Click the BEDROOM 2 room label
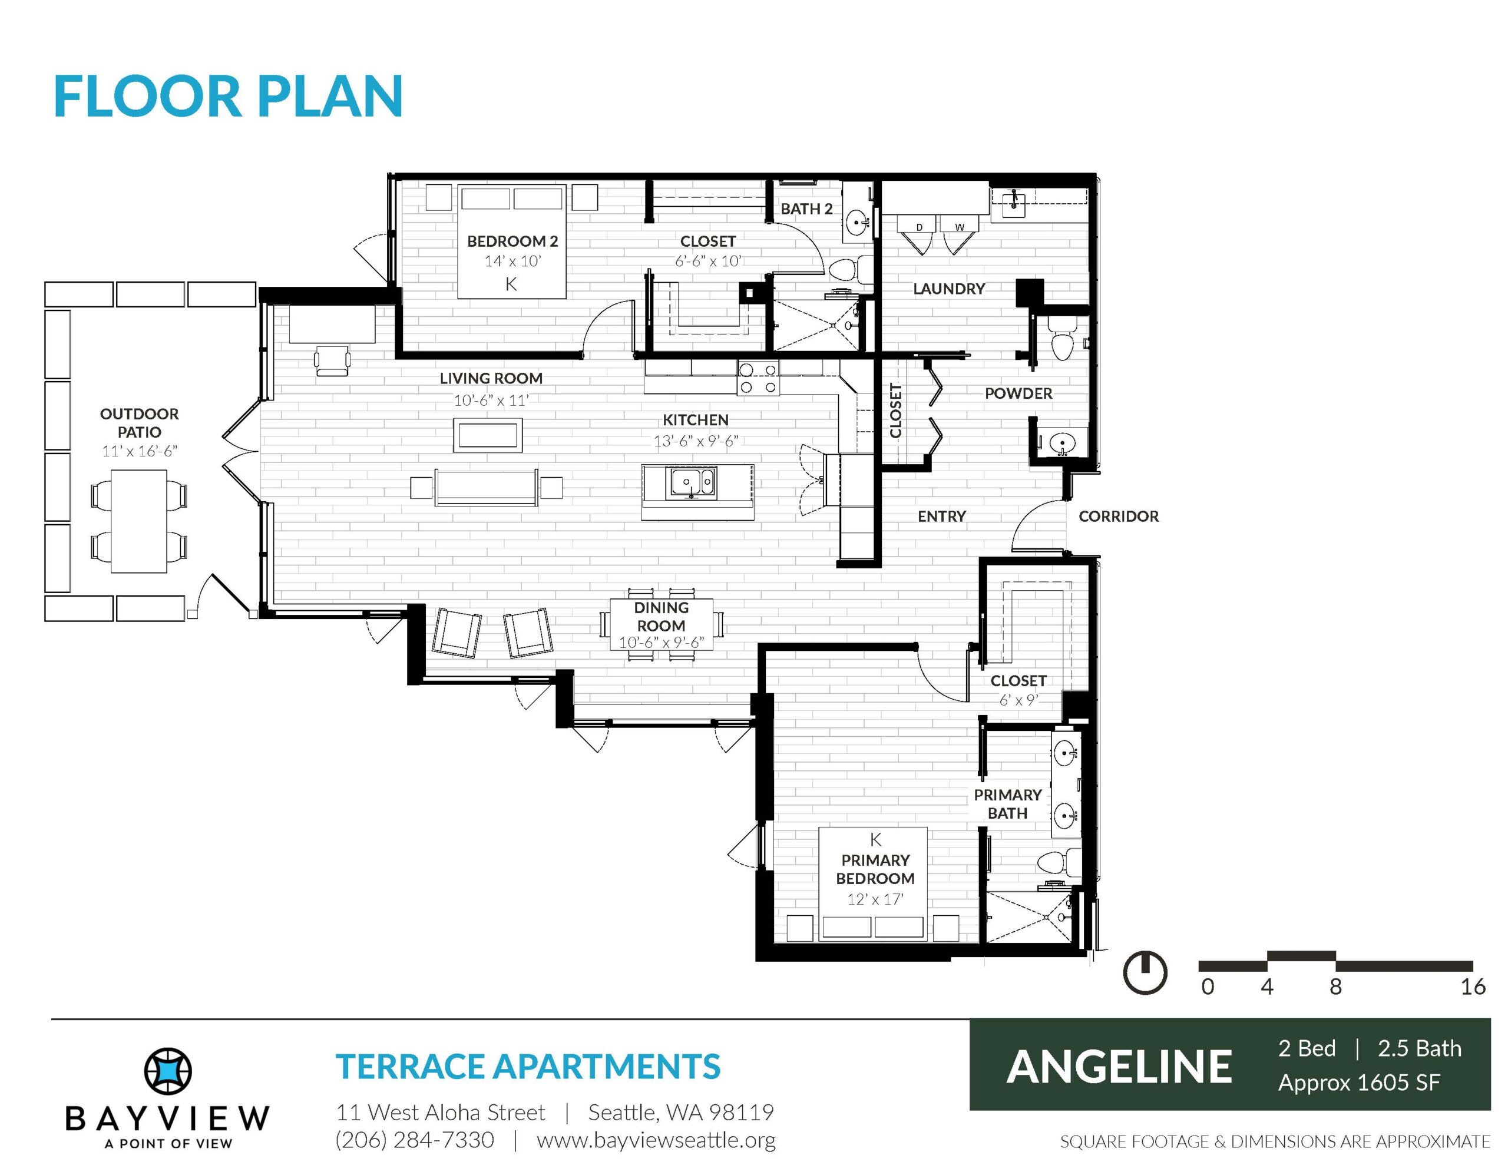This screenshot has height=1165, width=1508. pos(512,241)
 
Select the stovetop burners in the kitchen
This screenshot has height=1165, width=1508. pos(758,378)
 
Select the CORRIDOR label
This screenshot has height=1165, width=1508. pos(1119,516)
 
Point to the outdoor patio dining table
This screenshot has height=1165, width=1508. pos(139,521)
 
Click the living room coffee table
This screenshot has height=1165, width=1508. pos(488,435)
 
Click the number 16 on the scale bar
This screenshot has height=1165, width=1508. pos(1473,986)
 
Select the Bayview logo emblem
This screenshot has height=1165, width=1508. pos(168,1072)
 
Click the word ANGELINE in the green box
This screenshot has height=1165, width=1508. pos(1119,1067)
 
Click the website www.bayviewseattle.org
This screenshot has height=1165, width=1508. pos(656,1140)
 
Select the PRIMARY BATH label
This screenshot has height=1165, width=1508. pos(1007,804)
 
